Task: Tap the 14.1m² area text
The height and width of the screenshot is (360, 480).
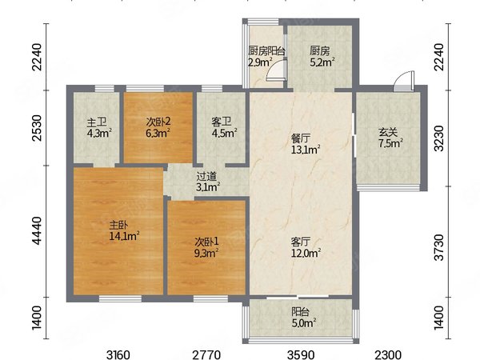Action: (x=125, y=236)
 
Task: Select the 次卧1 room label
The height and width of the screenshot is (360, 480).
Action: (x=207, y=242)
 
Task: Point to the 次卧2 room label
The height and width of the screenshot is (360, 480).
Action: (x=158, y=122)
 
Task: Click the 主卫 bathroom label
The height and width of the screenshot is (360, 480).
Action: (x=97, y=122)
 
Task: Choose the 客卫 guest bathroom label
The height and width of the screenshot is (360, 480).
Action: (x=222, y=122)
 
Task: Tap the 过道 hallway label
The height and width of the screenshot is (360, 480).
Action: (x=206, y=176)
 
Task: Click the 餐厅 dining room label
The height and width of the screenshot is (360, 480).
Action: (x=300, y=138)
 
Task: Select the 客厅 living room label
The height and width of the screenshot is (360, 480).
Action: (x=301, y=242)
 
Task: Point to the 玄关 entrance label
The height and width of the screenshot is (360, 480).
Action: (x=388, y=133)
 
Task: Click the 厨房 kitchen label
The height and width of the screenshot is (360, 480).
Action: (x=319, y=51)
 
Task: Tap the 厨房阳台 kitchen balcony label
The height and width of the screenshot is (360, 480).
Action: (x=266, y=51)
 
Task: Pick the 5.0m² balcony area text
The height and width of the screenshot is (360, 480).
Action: (x=304, y=323)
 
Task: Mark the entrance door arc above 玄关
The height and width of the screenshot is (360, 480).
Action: (x=402, y=78)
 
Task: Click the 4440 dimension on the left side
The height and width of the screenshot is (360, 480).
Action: (x=37, y=231)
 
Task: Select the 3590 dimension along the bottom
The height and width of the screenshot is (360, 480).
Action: (x=301, y=355)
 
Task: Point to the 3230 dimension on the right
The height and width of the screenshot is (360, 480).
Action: (x=439, y=138)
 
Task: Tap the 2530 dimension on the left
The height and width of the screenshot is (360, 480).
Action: (x=37, y=128)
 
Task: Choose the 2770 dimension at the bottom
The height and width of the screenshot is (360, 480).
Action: (x=206, y=355)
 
